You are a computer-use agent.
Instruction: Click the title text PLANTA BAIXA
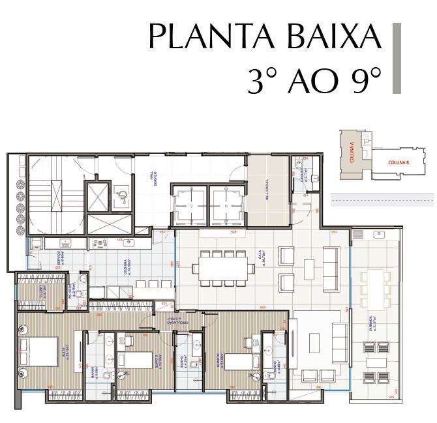tap(264, 37)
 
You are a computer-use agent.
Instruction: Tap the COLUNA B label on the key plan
tap(398, 162)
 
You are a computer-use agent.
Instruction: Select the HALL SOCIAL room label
tap(269, 190)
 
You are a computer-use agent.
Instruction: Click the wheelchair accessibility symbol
tap(119, 193)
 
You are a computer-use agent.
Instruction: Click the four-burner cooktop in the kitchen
tap(100, 244)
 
